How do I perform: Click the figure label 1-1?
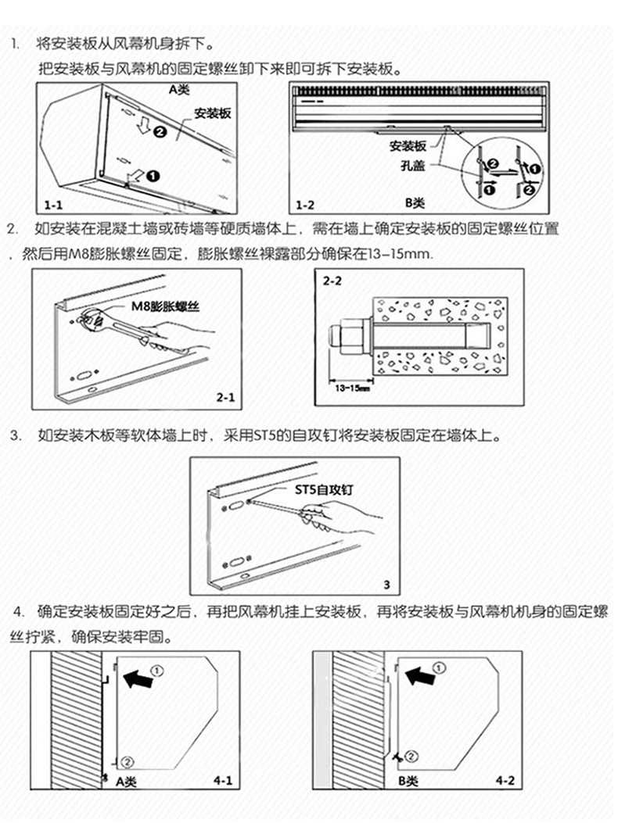[53, 205]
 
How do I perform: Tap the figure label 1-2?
[305, 205]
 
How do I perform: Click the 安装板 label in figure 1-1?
[213, 114]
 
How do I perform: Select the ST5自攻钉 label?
[322, 490]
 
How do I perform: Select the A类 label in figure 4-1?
[127, 781]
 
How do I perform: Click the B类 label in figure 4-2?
[408, 781]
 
